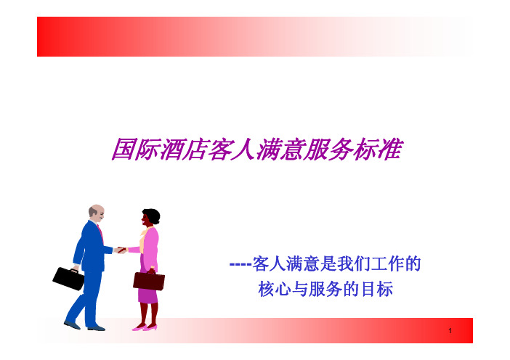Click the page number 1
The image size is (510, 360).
tap(450, 331)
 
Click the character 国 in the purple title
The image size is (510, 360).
tap(124, 149)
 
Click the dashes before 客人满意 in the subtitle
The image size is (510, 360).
tap(240, 263)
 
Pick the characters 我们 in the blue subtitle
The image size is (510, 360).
tap(353, 263)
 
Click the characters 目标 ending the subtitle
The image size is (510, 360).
tap(377, 289)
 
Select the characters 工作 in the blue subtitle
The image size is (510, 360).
tap(387, 263)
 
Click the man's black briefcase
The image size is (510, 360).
tap(68, 278)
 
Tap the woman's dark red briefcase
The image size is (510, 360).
tap(149, 281)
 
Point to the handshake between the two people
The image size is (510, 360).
tap(121, 250)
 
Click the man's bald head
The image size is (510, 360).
tap(97, 210)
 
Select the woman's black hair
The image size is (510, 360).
tap(153, 215)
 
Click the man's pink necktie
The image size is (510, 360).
tap(100, 232)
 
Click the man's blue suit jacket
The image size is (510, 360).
tap(90, 246)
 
